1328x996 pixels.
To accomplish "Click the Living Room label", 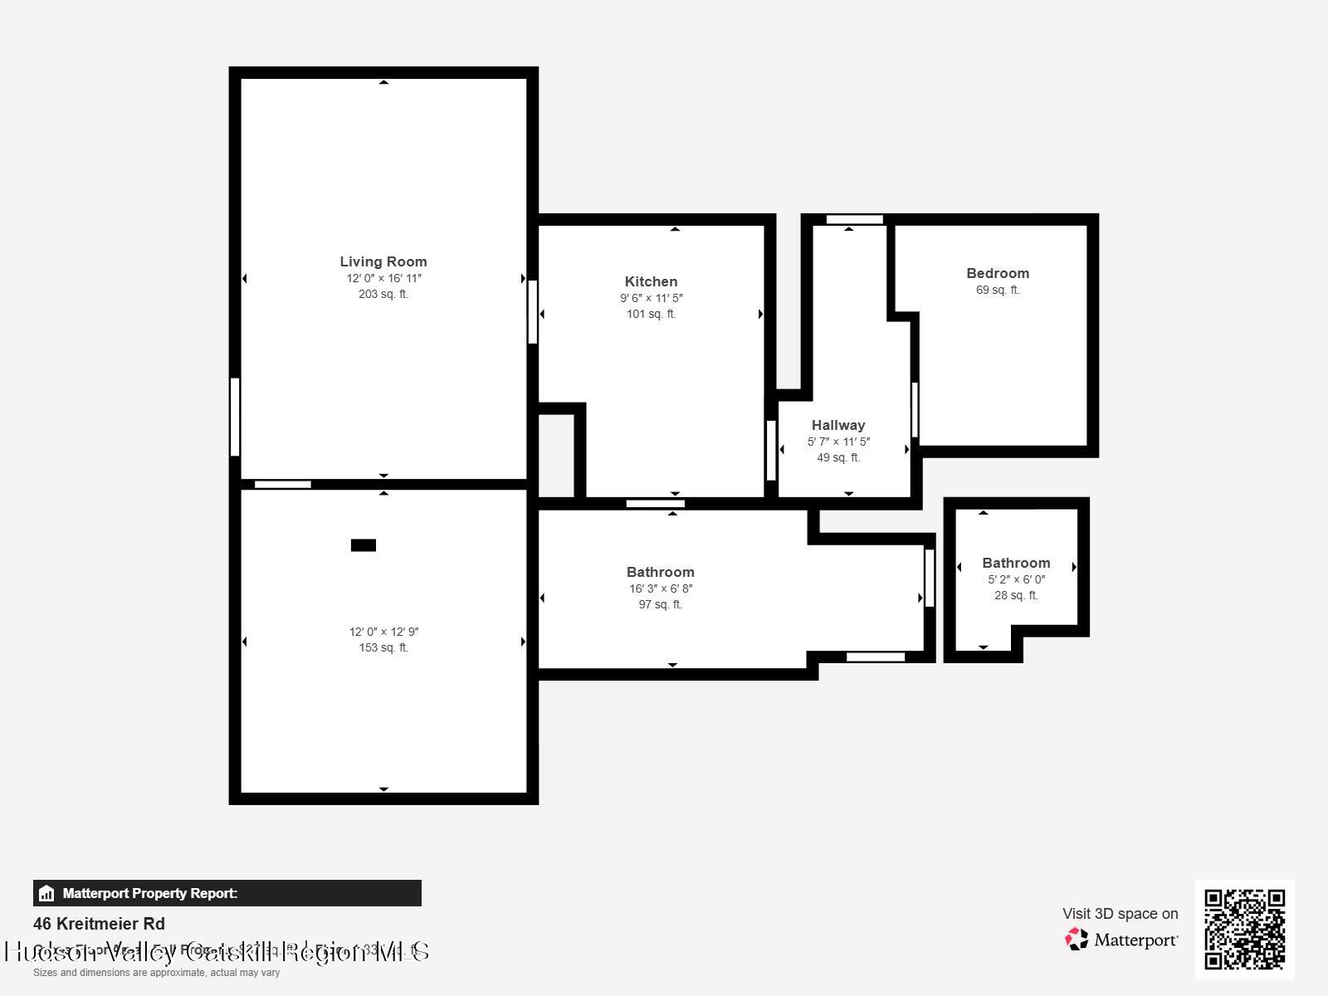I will [x=383, y=261].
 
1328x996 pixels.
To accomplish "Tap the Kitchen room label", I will [x=651, y=281].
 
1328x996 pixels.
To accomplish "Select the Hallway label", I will [x=838, y=425].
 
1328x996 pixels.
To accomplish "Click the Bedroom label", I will [x=998, y=273].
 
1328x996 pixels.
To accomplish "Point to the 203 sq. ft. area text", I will [x=383, y=294].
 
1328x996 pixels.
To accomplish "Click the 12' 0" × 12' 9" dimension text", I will [x=383, y=632].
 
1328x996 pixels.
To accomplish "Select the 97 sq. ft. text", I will [x=660, y=604].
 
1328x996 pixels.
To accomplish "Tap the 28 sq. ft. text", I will [x=1016, y=595].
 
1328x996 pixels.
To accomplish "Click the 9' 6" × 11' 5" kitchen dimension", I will [x=651, y=298].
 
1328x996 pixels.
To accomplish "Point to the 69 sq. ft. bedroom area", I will [x=998, y=290].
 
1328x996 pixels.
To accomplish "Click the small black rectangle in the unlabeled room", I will [x=364, y=545].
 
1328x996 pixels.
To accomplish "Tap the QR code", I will [x=1244, y=929].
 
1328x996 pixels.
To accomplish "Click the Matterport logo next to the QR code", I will [x=1121, y=940].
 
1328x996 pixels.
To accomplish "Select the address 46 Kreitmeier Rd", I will [x=99, y=924].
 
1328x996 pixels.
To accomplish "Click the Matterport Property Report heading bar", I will [x=227, y=893].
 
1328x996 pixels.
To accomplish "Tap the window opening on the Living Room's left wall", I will [x=235, y=417].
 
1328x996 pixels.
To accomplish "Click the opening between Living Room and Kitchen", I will [x=533, y=312].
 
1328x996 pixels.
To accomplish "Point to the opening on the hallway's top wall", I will [x=854, y=219].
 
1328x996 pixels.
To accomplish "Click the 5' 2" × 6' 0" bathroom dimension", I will [x=1016, y=579].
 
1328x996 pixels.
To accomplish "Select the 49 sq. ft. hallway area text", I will [x=838, y=457].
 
